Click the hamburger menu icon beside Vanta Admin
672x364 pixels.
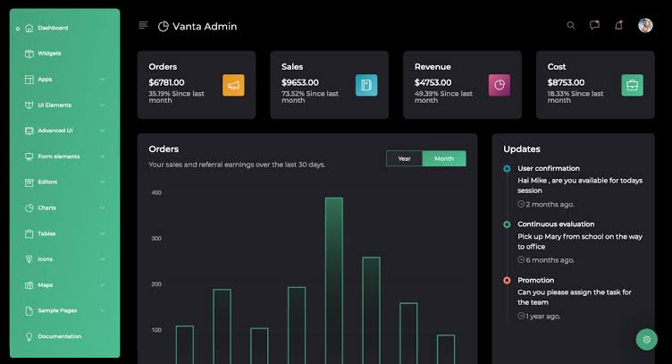pos(143,26)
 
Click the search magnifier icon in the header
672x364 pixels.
pos(571,25)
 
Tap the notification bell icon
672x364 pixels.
pos(618,25)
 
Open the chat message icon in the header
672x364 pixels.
pos(594,25)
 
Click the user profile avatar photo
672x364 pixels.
pos(645,25)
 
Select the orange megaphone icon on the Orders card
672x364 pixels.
pos(233,85)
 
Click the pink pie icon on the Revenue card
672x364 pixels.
pos(500,85)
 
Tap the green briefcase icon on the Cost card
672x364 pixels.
pos(632,85)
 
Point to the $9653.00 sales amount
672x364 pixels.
pos(300,82)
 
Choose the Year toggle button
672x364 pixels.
pos(404,158)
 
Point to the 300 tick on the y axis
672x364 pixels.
pos(156,239)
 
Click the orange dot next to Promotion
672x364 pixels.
pos(507,281)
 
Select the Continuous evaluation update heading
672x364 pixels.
pos(556,224)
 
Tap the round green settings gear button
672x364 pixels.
pos(647,340)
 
